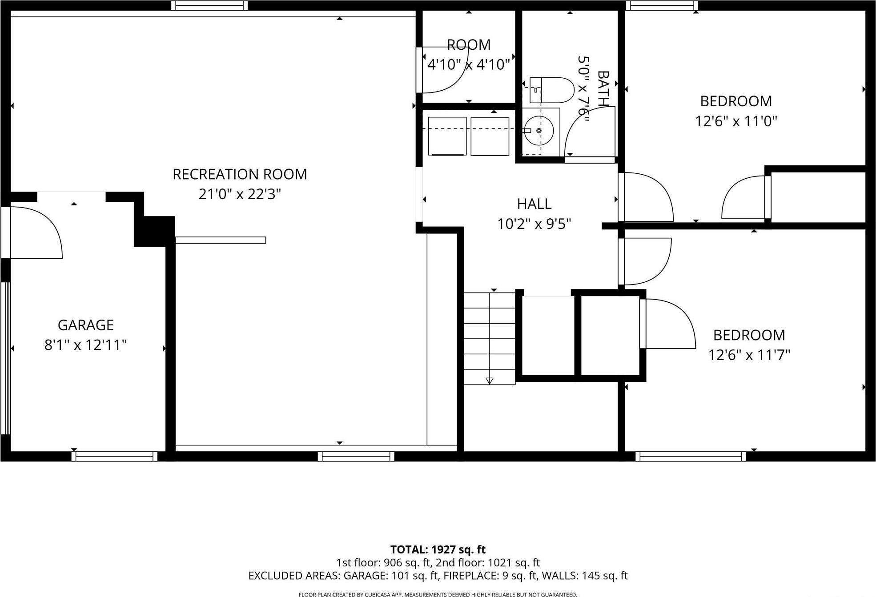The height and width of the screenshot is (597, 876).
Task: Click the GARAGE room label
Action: point(85,325)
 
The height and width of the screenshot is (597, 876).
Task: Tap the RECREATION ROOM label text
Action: point(240,174)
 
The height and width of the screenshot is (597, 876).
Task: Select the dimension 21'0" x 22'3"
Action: point(240,194)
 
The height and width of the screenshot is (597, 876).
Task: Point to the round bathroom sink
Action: point(538,131)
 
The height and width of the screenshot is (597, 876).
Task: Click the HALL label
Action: point(534,204)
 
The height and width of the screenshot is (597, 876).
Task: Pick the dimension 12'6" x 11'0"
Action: point(736,121)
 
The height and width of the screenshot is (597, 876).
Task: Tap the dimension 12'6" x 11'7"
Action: point(749,355)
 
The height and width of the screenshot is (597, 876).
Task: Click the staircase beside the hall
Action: point(490,338)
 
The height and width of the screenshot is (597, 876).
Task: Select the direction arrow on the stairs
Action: point(490,380)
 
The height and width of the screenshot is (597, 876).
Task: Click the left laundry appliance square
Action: point(447,136)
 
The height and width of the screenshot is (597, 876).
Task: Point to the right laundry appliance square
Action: point(490,136)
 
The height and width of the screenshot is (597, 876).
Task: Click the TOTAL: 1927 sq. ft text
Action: point(438,549)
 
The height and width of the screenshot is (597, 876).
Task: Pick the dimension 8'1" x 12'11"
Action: point(85,345)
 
